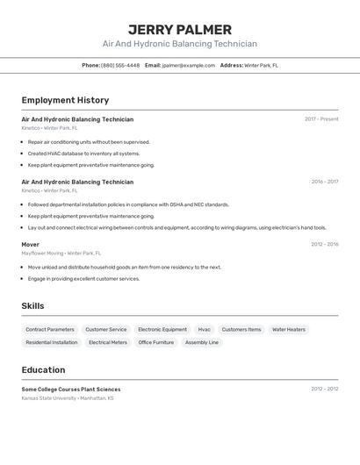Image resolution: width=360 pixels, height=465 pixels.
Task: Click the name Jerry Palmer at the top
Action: (x=180, y=29)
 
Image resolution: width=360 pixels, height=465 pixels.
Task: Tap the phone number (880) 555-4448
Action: (x=120, y=65)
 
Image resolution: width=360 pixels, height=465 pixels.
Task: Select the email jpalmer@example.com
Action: (x=189, y=65)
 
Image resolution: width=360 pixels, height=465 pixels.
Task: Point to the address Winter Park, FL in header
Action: (x=261, y=65)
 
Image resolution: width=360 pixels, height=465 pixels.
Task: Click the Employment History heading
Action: (x=65, y=100)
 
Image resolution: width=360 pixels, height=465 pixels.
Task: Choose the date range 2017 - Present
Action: (x=321, y=119)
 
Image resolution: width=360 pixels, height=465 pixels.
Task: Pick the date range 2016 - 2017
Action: (x=324, y=182)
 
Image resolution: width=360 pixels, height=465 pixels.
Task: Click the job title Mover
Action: (x=31, y=245)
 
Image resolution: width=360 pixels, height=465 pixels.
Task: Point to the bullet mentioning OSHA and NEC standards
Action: (x=128, y=204)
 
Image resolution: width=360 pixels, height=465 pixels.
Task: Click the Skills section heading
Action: (x=33, y=305)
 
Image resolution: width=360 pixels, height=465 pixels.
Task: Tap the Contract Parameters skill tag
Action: (x=50, y=329)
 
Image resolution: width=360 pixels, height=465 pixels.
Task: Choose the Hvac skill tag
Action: (x=204, y=329)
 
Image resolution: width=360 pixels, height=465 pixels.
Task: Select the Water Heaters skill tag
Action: (x=289, y=329)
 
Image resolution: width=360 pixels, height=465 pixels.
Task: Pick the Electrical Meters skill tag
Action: (x=108, y=342)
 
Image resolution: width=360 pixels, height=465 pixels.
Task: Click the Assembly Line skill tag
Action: (x=202, y=342)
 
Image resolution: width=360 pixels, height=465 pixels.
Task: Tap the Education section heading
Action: (x=43, y=369)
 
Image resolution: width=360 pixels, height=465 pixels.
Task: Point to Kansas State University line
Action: (x=68, y=397)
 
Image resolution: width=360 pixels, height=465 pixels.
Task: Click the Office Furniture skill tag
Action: (x=156, y=342)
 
